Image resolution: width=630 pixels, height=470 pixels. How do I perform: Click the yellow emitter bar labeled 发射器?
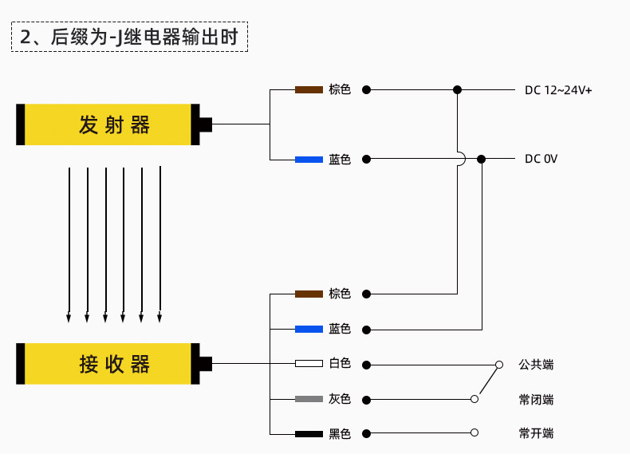(108, 124)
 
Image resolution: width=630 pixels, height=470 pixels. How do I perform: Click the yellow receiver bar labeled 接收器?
(108, 364)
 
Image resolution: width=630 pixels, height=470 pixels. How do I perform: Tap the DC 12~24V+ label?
(558, 90)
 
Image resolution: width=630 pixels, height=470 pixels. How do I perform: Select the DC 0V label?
(541, 159)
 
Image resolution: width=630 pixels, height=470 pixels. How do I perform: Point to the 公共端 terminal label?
(536, 365)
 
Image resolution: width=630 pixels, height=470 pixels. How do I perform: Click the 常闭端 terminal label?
(536, 400)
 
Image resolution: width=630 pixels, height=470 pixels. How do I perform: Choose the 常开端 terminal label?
(536, 433)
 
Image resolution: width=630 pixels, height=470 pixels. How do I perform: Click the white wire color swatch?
(309, 364)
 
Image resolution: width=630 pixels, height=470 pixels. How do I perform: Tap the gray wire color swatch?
(309, 399)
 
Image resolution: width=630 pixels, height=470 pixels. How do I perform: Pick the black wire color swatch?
(309, 434)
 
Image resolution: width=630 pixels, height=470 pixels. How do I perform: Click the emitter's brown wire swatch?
(309, 89)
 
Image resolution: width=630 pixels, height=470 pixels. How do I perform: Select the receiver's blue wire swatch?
(309, 330)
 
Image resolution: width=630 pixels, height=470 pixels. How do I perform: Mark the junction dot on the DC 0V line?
(482, 160)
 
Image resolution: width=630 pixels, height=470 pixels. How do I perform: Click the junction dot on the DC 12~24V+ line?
(457, 89)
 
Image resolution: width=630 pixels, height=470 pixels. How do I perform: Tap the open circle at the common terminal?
(499, 365)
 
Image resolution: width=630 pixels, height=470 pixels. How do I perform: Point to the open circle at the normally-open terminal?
(474, 432)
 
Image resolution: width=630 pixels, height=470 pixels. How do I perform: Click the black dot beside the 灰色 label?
(366, 400)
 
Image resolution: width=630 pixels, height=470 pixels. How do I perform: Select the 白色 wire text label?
(340, 363)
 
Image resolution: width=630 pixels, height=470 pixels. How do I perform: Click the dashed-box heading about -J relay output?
(129, 37)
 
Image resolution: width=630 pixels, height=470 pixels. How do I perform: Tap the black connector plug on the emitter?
(201, 124)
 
